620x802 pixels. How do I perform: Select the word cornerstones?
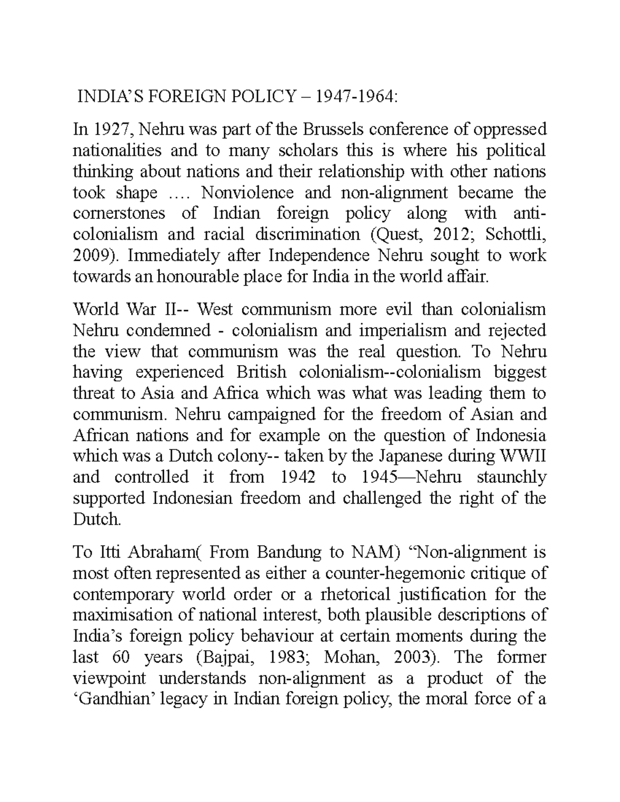[x=119, y=214]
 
